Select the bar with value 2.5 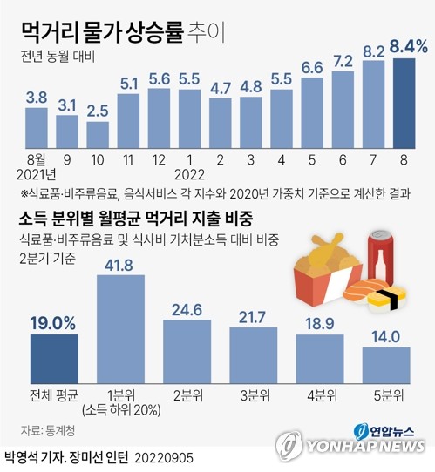coord(97,136)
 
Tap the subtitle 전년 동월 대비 coord(58,58)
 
